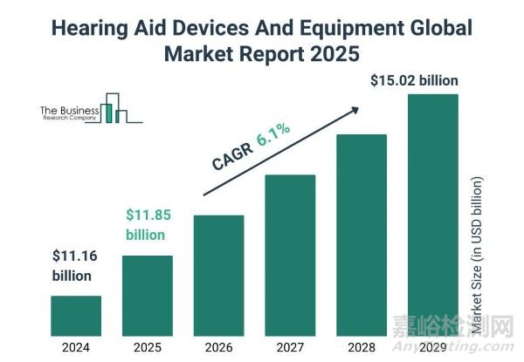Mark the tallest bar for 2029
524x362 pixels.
click(x=432, y=215)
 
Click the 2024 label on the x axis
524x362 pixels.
click(x=76, y=346)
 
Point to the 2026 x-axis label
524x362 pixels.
click(x=218, y=346)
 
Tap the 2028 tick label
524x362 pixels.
click(x=361, y=346)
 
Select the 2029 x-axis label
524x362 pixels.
click(x=432, y=346)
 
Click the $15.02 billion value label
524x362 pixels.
click(x=414, y=80)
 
